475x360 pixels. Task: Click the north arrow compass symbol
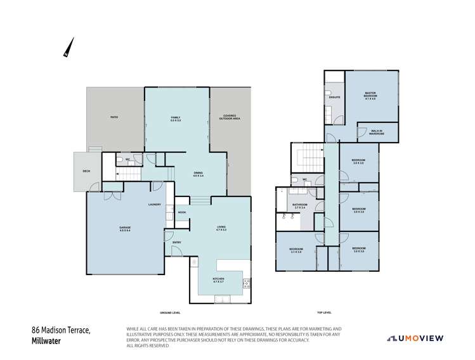click(68, 48)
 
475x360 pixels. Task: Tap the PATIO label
click(114, 117)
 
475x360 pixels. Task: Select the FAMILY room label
click(176, 119)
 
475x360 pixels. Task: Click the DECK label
click(86, 171)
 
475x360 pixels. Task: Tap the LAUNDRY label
click(154, 204)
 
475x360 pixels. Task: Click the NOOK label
click(181, 212)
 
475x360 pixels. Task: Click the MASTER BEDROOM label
click(371, 96)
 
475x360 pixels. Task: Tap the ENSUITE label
click(335, 97)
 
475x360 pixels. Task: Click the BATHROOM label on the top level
click(301, 205)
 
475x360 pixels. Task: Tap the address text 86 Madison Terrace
click(62, 330)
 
